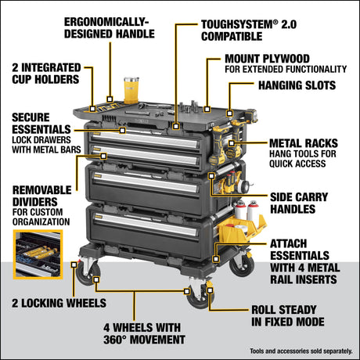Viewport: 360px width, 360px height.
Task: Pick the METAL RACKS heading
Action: [304, 143]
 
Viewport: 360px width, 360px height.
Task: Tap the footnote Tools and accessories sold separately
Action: [298, 350]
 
